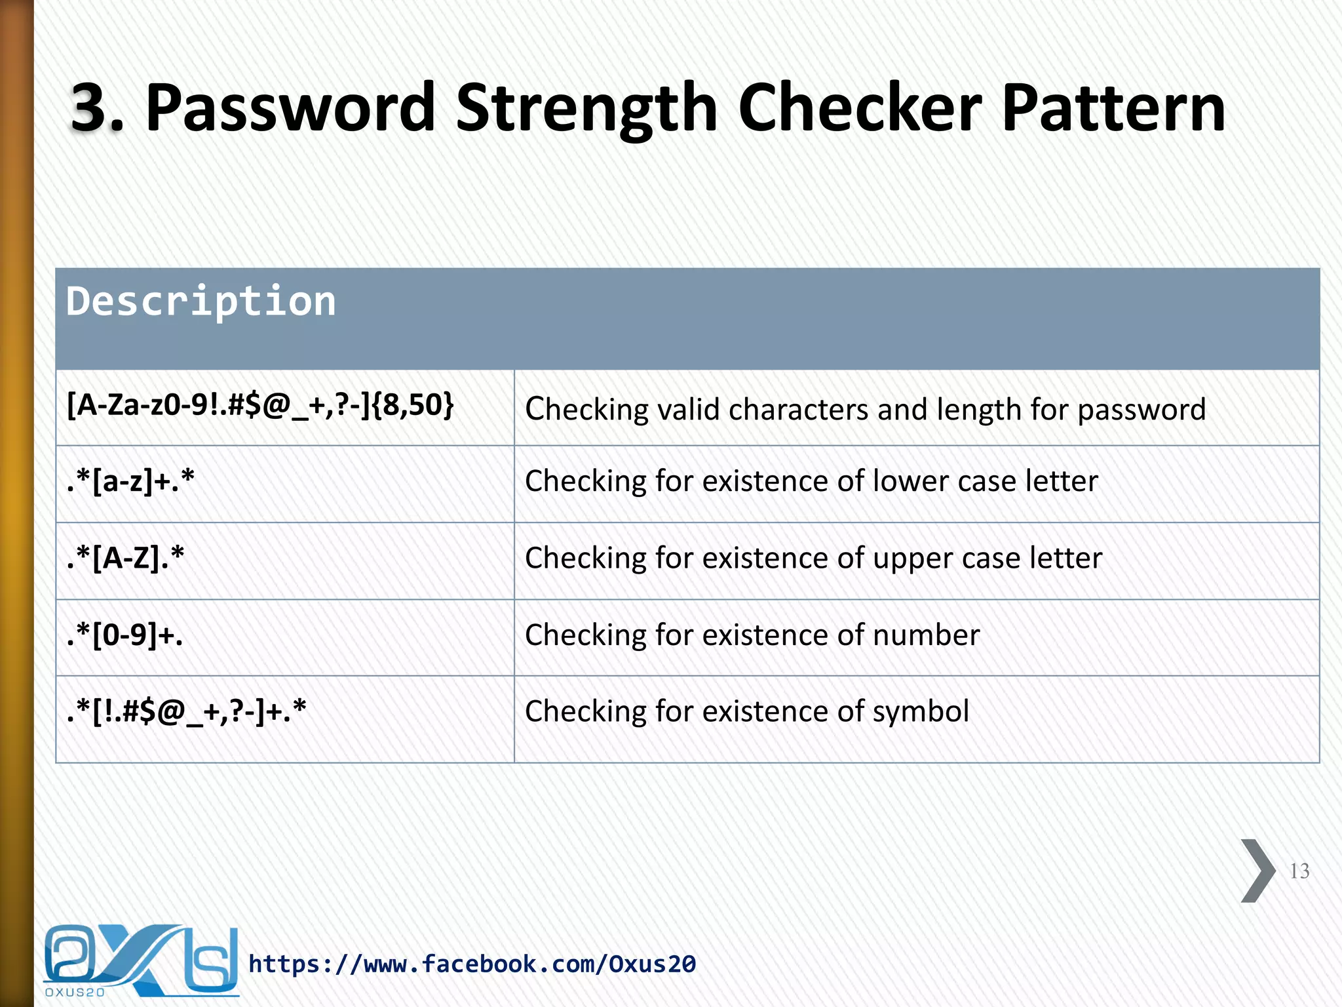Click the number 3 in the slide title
click(x=90, y=108)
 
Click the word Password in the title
click(x=290, y=108)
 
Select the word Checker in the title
click(x=860, y=108)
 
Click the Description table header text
click(x=201, y=302)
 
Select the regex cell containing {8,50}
click(x=260, y=405)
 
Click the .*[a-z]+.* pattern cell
click(x=130, y=481)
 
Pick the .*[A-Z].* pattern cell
click(x=125, y=559)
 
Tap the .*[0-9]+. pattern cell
click(x=125, y=635)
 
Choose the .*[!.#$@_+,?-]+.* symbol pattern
click(x=186, y=712)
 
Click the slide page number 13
click(x=1299, y=871)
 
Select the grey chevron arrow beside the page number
click(x=1257, y=871)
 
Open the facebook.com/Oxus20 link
click(x=472, y=964)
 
